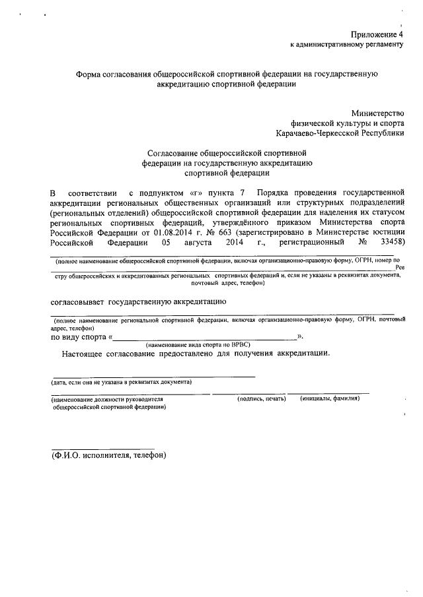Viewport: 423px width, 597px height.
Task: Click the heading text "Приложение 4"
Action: [x=376, y=34]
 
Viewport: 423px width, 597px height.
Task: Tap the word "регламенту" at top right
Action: [x=381, y=45]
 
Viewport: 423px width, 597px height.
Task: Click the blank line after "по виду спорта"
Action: [x=205, y=338]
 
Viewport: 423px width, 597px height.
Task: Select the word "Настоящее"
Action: [x=86, y=354]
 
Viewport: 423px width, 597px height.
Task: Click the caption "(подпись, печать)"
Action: [x=261, y=399]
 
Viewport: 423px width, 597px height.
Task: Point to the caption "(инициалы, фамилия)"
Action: [x=330, y=399]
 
